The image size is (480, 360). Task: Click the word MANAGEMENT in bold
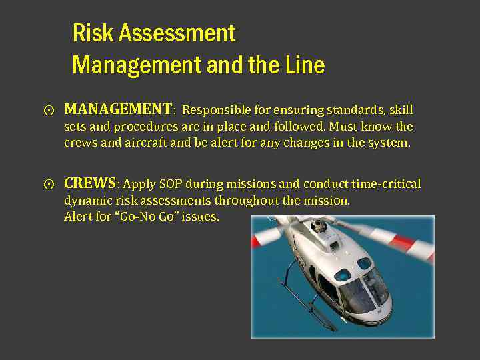(x=118, y=109)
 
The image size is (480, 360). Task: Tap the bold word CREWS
(x=90, y=183)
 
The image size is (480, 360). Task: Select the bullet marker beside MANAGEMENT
(x=49, y=110)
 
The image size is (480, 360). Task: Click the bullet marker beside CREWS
(x=49, y=185)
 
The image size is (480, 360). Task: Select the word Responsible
(x=218, y=110)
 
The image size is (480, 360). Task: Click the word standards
(x=352, y=110)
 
